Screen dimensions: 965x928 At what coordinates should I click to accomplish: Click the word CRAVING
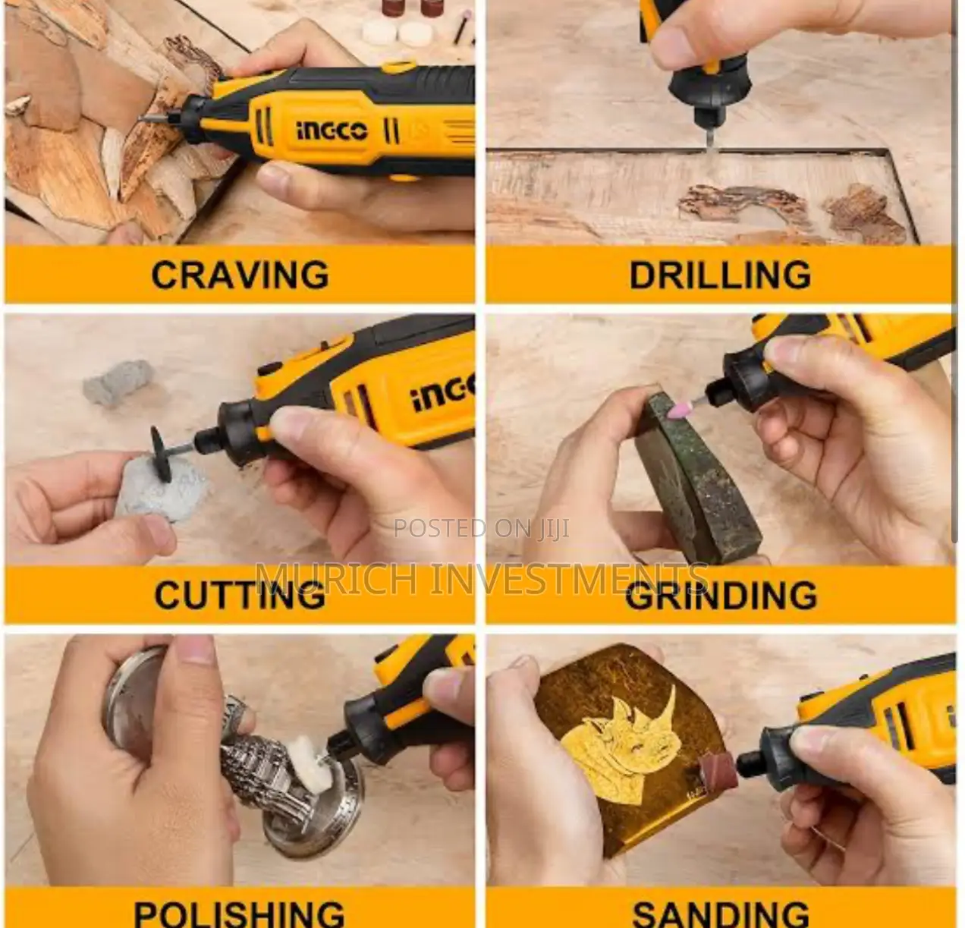point(240,274)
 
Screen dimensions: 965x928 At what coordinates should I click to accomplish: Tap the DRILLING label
point(720,274)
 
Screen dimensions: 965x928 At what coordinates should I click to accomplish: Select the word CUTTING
point(240,595)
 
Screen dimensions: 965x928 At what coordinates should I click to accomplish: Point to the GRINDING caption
point(721,595)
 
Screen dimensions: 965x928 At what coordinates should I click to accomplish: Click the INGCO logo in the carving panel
point(332,131)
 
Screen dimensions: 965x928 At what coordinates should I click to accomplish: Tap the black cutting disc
point(161,452)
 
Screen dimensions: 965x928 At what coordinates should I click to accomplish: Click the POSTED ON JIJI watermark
point(482,529)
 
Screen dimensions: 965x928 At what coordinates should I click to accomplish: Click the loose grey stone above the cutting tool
point(119,383)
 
